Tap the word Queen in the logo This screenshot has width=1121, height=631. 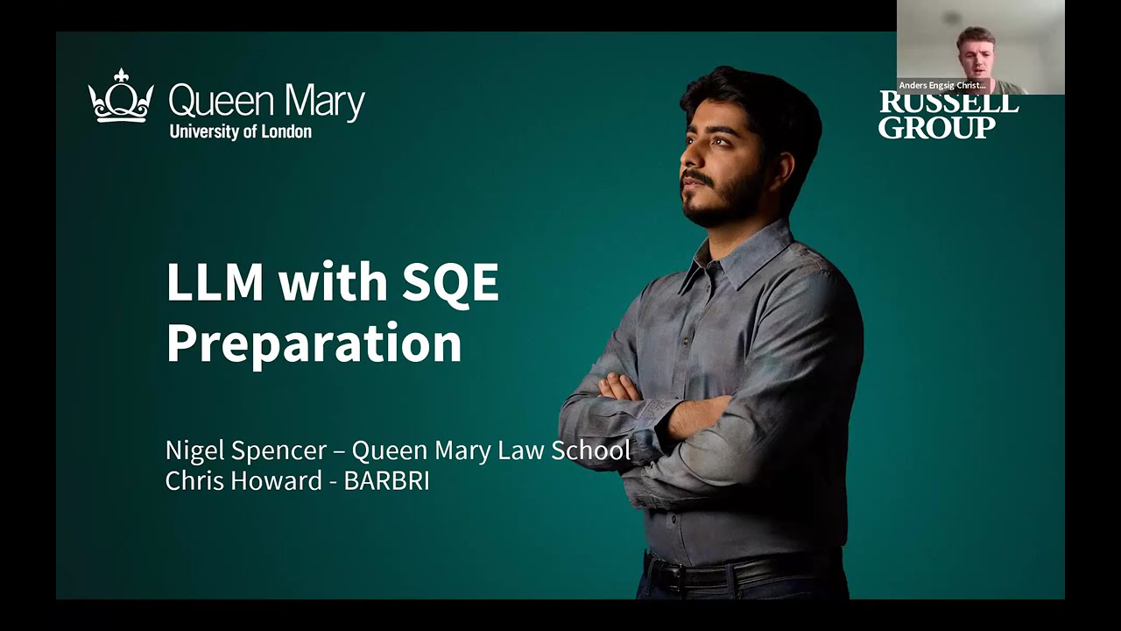click(211, 103)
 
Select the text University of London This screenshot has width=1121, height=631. click(240, 132)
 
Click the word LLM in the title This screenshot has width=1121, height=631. click(215, 282)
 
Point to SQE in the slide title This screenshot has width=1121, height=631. click(450, 282)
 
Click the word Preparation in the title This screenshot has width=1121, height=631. click(313, 343)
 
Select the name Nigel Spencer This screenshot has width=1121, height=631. click(245, 450)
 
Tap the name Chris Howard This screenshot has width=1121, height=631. click(243, 480)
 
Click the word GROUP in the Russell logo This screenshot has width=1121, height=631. click(936, 128)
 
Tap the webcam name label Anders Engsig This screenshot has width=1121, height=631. click(942, 86)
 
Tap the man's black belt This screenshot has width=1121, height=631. click(744, 571)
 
